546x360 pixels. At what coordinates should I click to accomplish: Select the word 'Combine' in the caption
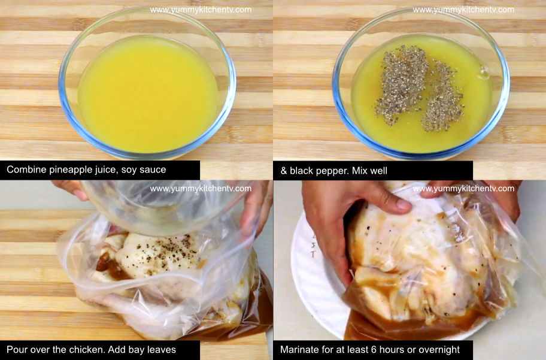tap(25, 170)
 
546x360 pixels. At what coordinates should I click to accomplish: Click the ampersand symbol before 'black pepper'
tap(284, 171)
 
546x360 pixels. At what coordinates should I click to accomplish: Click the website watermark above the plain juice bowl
tap(201, 10)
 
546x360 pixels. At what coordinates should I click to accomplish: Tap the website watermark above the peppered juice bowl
tap(463, 10)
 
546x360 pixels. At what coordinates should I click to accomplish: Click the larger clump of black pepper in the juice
tap(401, 84)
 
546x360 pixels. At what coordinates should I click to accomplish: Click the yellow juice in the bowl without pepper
tap(147, 96)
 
